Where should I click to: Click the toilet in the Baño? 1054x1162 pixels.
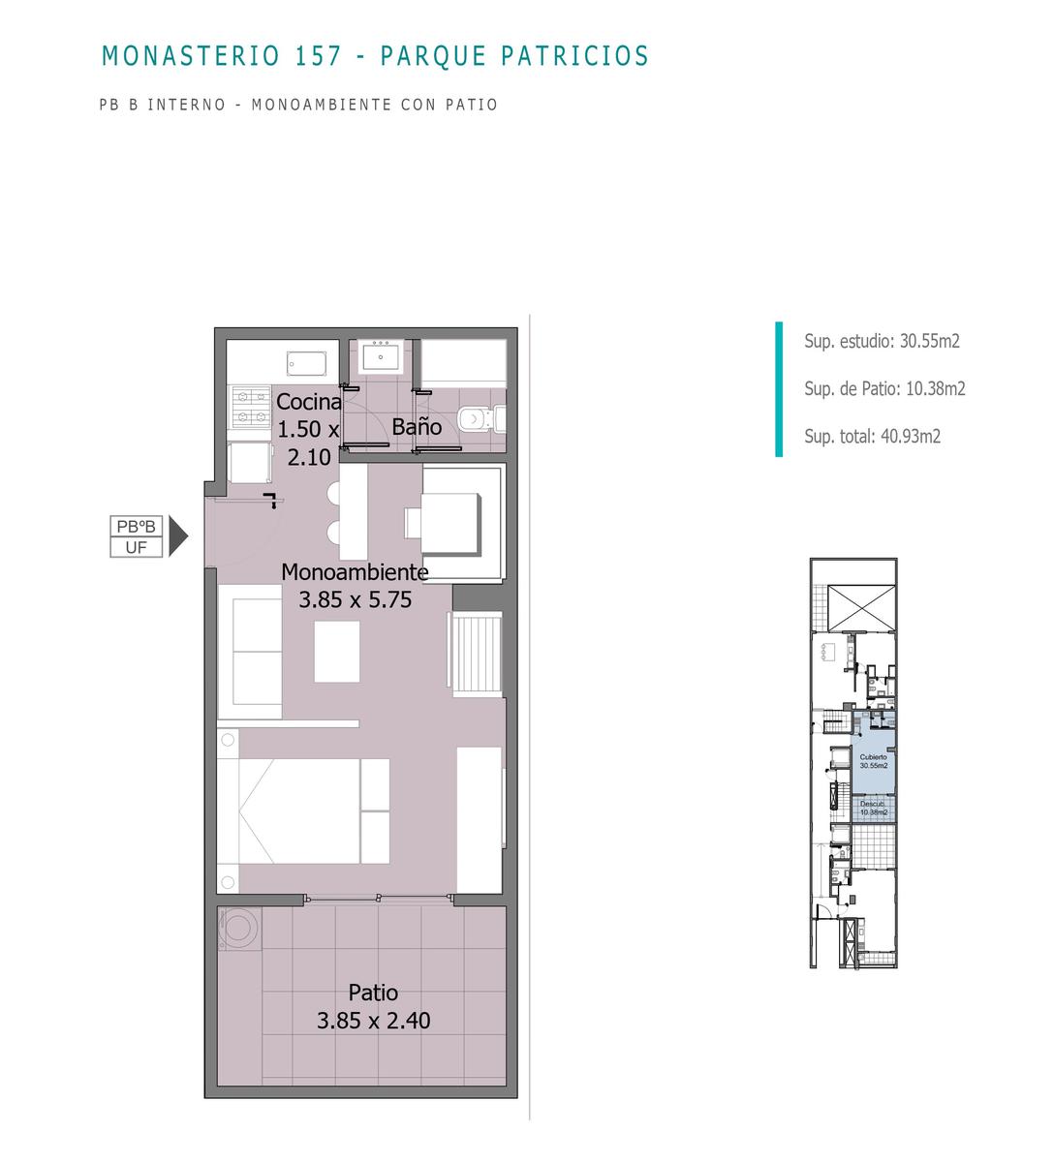coord(481,419)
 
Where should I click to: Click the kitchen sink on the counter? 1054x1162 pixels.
coord(306,364)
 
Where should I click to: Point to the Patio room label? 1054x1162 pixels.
coord(373,993)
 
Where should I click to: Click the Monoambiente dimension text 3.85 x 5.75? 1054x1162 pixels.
coord(355,599)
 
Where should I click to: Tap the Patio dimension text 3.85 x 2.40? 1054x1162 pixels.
coord(373,1021)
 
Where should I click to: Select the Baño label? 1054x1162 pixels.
coord(417,427)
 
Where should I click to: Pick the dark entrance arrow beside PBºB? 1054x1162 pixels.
coord(177,535)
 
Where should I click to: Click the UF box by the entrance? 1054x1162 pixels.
coord(137,547)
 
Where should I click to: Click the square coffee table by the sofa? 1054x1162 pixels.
coord(337,652)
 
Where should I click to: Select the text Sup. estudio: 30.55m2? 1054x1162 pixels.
coord(882,341)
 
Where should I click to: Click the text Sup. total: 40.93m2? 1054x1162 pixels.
coord(872,436)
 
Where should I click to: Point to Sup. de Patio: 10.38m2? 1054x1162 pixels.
coord(884,388)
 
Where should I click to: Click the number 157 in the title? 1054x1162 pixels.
coord(319,55)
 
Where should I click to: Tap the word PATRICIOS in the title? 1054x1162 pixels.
coord(574,55)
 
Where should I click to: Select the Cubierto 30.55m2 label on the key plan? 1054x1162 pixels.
coord(873,761)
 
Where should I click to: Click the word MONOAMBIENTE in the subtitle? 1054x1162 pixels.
coord(322,105)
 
